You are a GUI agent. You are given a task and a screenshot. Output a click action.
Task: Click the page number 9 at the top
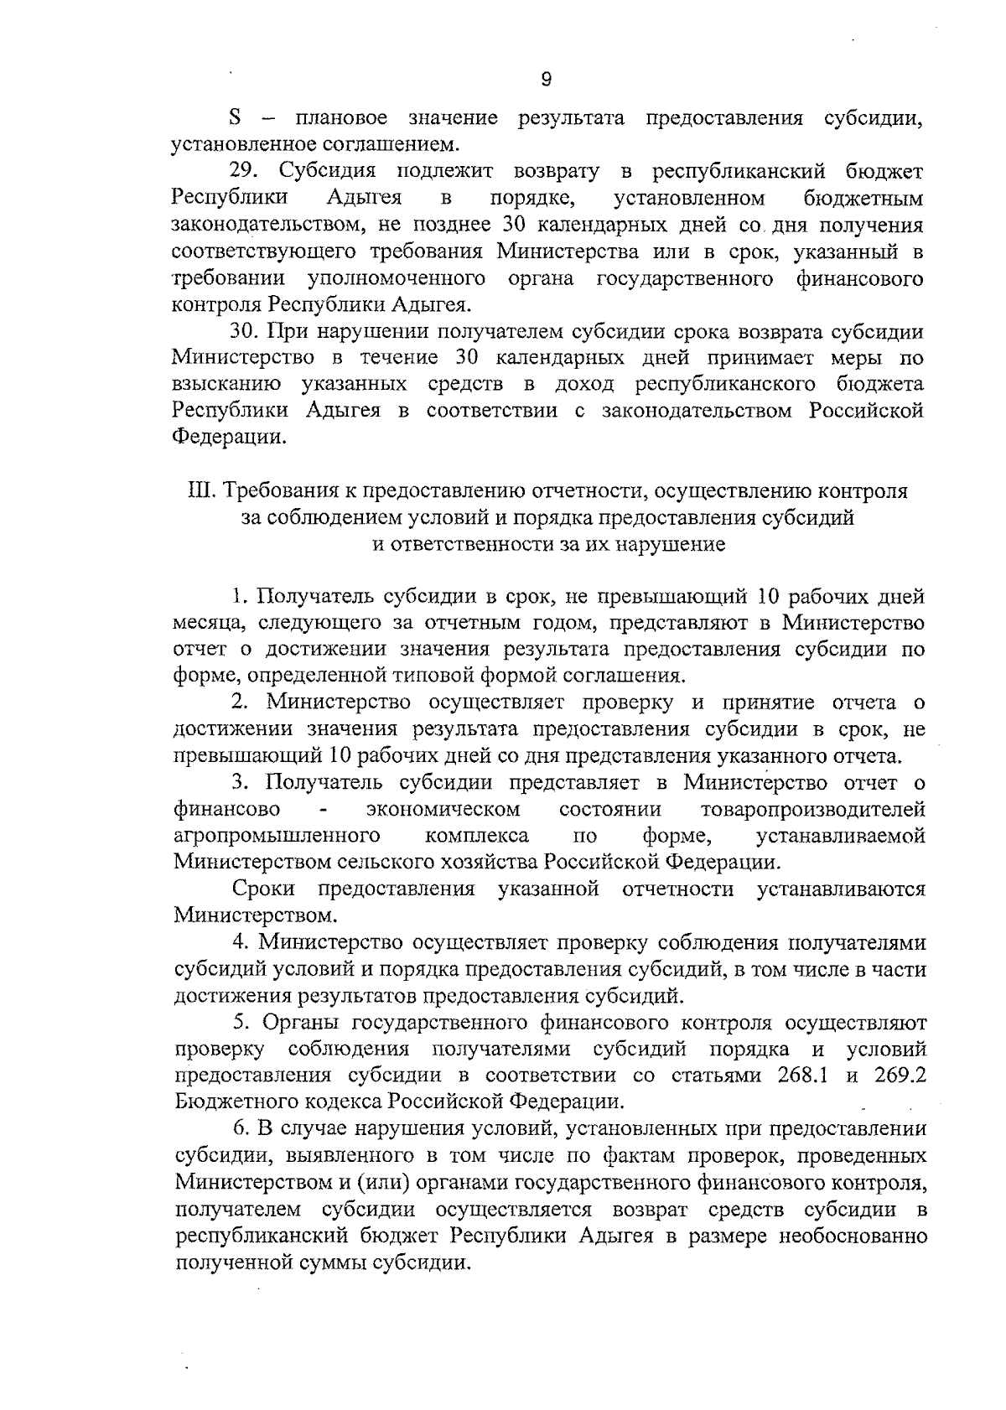click(546, 80)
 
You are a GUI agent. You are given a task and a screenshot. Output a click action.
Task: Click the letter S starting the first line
click(235, 118)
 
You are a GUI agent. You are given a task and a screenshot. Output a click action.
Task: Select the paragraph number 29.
click(246, 172)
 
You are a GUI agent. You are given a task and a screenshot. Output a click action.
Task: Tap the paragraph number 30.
click(246, 331)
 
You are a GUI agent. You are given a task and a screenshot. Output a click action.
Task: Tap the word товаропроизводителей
click(812, 810)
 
